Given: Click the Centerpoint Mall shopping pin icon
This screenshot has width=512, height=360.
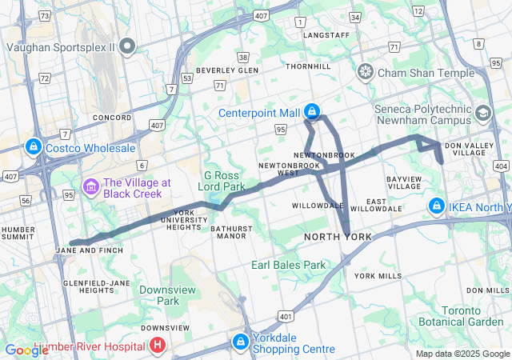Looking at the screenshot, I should (x=313, y=112).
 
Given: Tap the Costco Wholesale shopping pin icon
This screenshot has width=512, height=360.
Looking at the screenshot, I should (x=34, y=147).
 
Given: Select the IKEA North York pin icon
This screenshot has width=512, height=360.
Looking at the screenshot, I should (x=436, y=206).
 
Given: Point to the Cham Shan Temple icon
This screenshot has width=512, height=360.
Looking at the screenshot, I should (x=366, y=73).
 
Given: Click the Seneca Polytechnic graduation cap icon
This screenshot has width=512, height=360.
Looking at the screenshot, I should (x=483, y=113).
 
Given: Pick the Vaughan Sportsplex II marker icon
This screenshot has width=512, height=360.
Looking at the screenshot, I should (x=128, y=46).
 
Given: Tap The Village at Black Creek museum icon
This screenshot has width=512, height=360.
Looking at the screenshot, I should (x=90, y=187).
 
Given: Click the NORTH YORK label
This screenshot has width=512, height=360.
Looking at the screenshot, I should (x=338, y=238).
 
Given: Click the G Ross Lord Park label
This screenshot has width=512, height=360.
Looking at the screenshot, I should (x=224, y=181).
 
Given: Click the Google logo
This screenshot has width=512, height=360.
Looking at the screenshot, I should (x=26, y=350).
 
